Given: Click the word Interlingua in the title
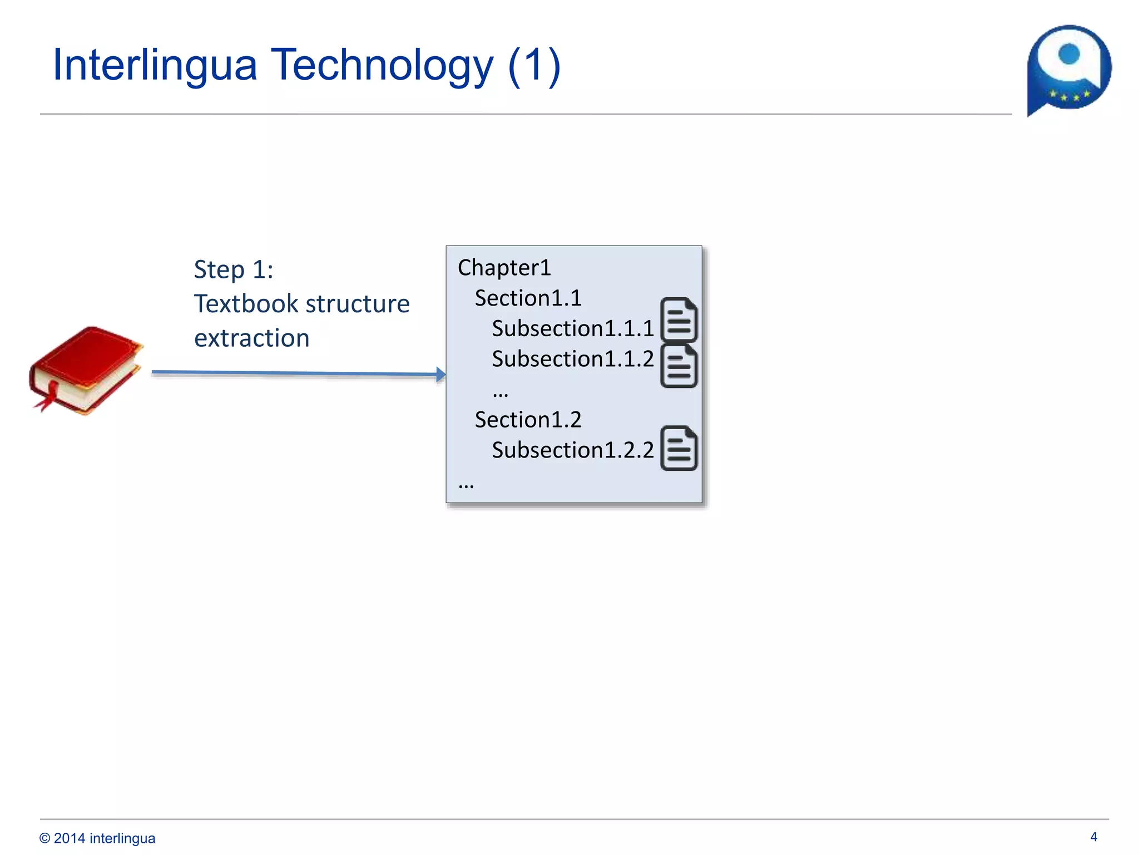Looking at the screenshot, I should coord(155,65).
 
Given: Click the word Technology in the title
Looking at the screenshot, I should coord(382,65).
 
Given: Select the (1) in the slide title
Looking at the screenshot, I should coord(534,65).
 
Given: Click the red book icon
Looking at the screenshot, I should coord(86,370).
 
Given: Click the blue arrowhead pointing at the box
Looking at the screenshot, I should coord(441,375).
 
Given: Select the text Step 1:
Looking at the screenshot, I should coord(234,269).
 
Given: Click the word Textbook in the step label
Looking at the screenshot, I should coord(246,304).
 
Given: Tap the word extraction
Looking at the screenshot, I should coord(251,338).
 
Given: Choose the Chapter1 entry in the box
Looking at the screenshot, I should coord(504,268).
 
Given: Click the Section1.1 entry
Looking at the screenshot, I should coord(528,298).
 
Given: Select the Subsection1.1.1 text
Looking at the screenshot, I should coord(572,328).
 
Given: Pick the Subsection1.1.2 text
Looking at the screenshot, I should coord(572,359).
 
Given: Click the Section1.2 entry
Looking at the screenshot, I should coord(528,420).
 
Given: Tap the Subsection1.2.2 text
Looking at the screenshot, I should coord(572,450).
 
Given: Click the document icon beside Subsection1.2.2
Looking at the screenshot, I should coord(679,449).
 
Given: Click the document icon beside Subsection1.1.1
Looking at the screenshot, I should coord(679,320).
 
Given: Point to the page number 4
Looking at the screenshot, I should coord(1093,837).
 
